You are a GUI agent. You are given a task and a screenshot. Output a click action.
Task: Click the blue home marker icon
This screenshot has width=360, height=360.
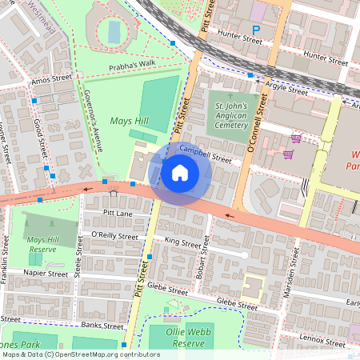180,172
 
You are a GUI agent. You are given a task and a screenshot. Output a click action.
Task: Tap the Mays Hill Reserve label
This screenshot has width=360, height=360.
47,244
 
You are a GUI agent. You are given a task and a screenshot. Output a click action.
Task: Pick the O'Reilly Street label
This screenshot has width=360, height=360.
113,235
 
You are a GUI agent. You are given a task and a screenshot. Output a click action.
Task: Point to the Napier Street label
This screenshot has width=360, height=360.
46,273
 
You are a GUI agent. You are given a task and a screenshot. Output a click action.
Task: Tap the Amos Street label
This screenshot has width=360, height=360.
46,81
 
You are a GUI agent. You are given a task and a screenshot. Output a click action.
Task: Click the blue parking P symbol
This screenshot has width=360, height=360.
256,30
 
